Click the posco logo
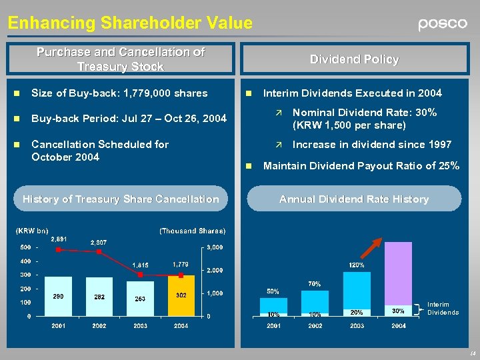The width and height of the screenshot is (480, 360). pos(443,24)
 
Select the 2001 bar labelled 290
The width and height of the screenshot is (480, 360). pos(59,296)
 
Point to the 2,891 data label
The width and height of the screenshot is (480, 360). pos(59,239)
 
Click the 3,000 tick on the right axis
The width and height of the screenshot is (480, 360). pos(214,248)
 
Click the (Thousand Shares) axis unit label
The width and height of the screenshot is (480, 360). pos(193,231)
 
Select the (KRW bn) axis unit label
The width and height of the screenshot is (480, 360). pos(31,231)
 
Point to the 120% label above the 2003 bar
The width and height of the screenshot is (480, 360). pos(357,265)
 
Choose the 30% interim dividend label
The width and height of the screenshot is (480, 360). pos(398,311)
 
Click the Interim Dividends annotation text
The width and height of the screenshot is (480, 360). pos(443,309)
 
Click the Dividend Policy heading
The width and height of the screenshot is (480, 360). pos(354,59)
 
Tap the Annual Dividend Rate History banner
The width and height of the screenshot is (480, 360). pos(354,199)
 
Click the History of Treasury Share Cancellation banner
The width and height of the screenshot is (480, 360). pos(121,199)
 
